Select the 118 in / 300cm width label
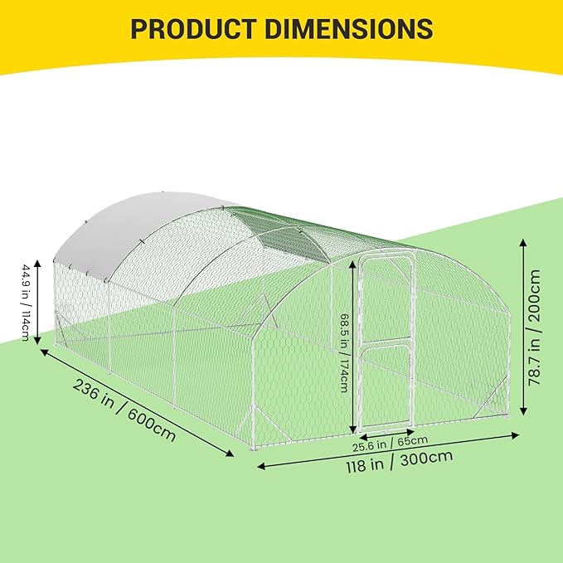point(400,462)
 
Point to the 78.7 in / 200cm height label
point(534,327)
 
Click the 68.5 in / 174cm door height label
point(343,352)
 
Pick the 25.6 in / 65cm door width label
point(390,444)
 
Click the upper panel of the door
point(387,298)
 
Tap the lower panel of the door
point(386,387)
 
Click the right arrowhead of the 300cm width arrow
point(516,435)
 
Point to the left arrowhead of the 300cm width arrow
point(261,467)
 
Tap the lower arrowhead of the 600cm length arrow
point(230,454)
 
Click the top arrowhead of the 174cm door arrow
point(353,263)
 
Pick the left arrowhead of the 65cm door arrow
point(362,437)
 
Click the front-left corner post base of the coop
point(255,448)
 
